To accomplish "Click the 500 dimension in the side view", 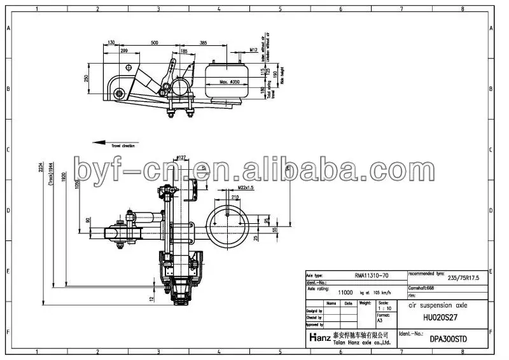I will coord(155,42).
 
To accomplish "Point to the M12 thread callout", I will coord(253,50).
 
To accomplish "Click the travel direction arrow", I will coord(105,142).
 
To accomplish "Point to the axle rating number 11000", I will coord(345,293).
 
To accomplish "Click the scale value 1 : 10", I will coord(384,309).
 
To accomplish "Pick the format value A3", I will coord(380,320).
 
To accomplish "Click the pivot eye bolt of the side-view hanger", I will coord(119,95).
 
